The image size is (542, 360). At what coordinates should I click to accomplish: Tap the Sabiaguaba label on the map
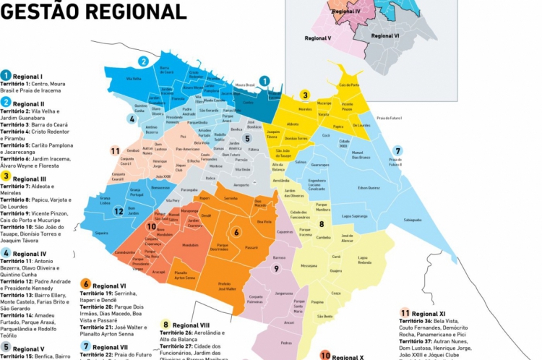coord(413,220)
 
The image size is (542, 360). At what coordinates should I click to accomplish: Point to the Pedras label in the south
coord(286,343)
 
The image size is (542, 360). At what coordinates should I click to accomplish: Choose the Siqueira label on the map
coord(101,233)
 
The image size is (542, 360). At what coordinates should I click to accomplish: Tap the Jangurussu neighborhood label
coord(283,293)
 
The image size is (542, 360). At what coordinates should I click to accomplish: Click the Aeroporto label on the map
coord(241,184)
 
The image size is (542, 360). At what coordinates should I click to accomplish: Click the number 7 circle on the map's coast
coord(397,151)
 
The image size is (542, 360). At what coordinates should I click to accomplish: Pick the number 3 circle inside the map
coord(306,95)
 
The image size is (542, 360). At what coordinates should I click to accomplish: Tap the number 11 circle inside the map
coord(115,150)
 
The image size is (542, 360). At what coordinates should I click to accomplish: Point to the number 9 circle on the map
coord(275,268)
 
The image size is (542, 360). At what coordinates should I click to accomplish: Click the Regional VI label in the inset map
coord(386,35)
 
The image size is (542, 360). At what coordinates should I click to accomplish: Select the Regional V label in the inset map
coord(318,38)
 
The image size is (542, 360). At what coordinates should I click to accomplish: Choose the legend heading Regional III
coord(29,179)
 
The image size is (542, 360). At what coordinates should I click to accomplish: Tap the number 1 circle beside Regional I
coord(6,75)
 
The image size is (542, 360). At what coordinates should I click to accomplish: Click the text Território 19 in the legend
coord(96,293)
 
